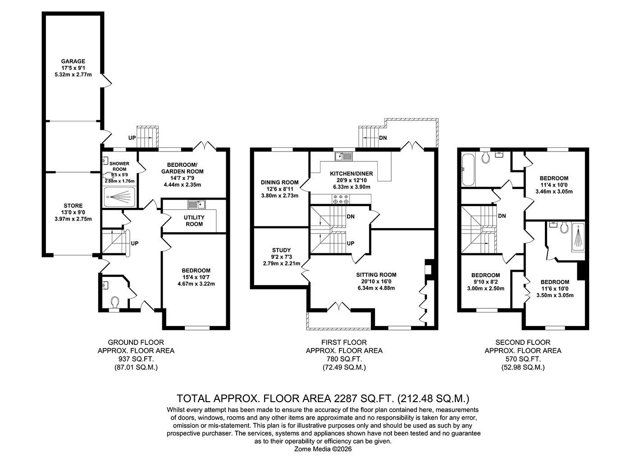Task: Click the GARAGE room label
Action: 73,61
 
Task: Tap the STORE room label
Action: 73,206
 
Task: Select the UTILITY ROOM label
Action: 194,220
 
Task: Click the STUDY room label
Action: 281,250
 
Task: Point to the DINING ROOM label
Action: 279,182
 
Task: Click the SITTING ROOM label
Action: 376,275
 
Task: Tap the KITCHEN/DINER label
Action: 352,174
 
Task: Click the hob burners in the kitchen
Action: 341,199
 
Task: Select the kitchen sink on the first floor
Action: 343,156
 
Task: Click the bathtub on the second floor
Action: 468,170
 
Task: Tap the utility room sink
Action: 197,204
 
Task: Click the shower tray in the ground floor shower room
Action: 120,197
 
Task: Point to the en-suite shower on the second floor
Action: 577,237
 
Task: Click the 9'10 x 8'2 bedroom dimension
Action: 486,282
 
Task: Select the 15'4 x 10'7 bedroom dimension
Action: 196,277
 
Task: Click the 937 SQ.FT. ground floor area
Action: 136,359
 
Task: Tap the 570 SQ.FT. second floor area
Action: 523,359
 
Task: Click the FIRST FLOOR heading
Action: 344,342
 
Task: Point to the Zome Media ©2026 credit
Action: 323,449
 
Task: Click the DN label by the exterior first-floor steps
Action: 383,138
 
